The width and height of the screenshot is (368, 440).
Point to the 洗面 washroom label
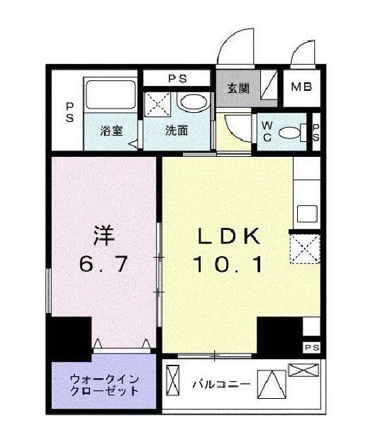click(x=177, y=131)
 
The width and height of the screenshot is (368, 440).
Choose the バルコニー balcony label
click(x=221, y=385)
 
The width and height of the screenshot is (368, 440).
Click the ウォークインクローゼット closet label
click(x=104, y=385)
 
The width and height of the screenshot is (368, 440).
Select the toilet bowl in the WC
click(x=289, y=132)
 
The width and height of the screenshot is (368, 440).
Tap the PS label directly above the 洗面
click(x=177, y=77)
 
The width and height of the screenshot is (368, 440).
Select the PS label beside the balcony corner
click(x=311, y=347)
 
